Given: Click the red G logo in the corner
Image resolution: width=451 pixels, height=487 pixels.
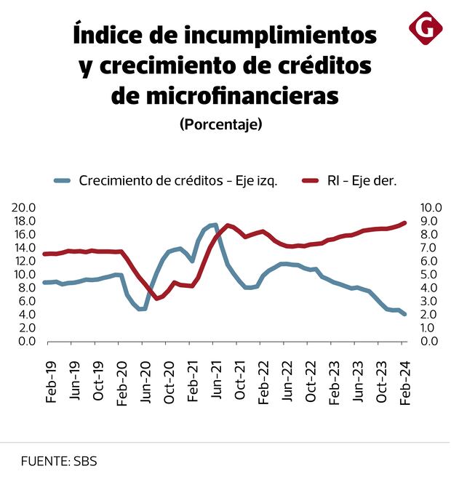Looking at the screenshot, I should click(x=426, y=28).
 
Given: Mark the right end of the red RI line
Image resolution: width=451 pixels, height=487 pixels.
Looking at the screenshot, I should click(x=404, y=222).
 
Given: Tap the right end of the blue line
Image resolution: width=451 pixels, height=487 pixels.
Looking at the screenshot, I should click(x=404, y=314).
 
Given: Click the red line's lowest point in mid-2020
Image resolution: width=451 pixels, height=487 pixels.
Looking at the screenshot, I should click(x=156, y=298).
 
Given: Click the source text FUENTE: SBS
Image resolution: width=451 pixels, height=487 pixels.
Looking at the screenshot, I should click(x=59, y=461).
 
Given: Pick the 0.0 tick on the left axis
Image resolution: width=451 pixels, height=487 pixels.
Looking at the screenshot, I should click(x=28, y=342).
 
